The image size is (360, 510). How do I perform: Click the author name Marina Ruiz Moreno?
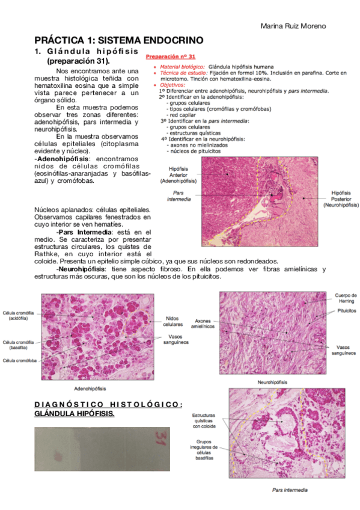pyautogui.click(x=294, y=26)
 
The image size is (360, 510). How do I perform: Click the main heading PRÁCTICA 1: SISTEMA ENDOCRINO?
pyautogui.click(x=118, y=40)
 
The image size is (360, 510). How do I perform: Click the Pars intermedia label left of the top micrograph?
pyautogui.click(x=179, y=195)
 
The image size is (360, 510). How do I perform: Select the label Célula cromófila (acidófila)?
pyautogui.click(x=18, y=316)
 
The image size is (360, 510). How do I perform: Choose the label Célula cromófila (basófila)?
pyautogui.click(x=18, y=345)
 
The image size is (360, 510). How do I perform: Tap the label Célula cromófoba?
pyautogui.click(x=20, y=361)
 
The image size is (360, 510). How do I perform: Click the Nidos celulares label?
pyautogui.click(x=173, y=321)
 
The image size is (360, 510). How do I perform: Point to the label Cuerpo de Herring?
pyautogui.click(x=346, y=298)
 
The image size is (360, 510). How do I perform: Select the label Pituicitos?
pyautogui.click(x=344, y=311)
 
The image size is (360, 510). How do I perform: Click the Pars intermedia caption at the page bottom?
pyautogui.click(x=290, y=490)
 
